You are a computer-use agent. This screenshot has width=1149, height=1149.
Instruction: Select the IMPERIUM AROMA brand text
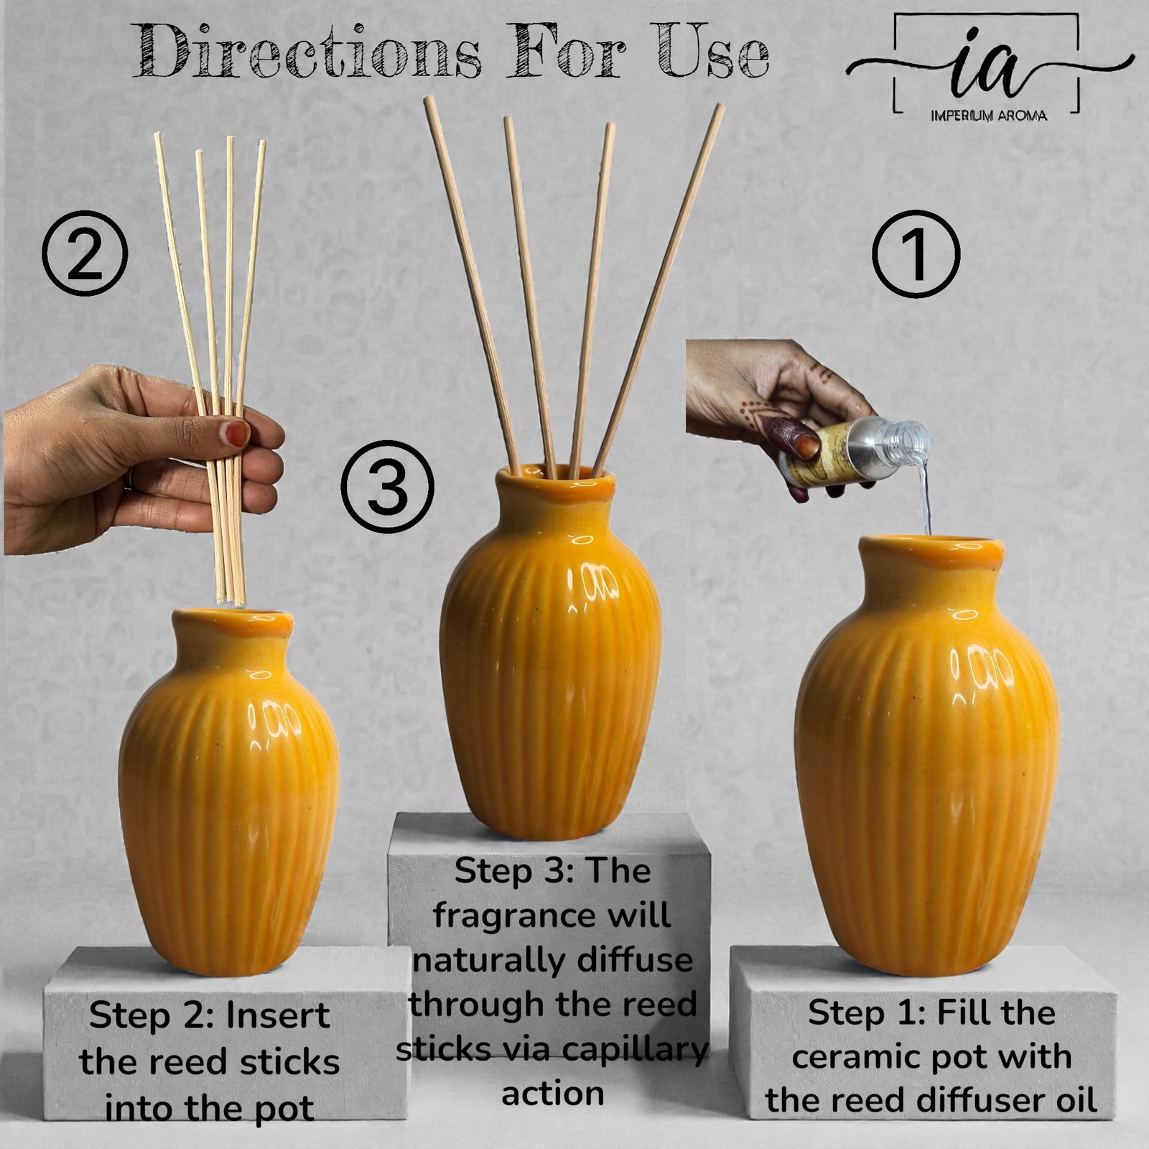click(988, 116)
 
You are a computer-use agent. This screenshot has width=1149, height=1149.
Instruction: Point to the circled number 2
click(84, 255)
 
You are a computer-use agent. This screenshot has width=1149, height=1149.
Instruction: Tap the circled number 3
click(387, 485)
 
